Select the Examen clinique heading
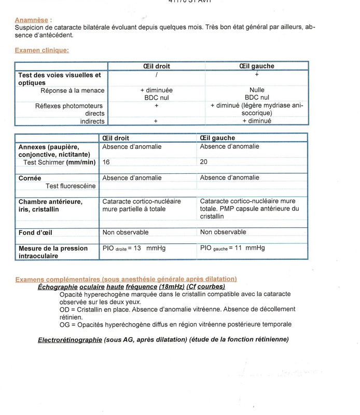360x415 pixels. pos(41,50)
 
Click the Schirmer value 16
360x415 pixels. pos(106,162)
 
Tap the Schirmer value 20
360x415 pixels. pos(204,162)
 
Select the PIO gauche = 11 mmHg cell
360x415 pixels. pos(232,248)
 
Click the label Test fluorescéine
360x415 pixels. pos(71,186)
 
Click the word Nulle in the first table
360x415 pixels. pos(257,90)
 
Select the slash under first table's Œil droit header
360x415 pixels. pos(156,75)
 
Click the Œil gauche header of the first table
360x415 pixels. pos(257,66)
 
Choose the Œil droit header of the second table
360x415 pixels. pos(116,138)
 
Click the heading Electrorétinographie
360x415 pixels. pos(70,340)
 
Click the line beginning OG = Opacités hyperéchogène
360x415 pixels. pos(175,324)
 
